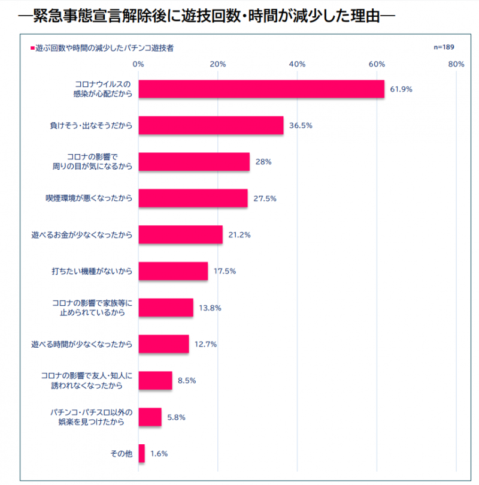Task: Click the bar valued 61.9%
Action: coord(261,89)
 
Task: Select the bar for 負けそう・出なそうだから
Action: coord(211,125)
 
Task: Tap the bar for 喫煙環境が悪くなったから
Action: coord(193,198)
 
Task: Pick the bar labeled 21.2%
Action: coord(180,234)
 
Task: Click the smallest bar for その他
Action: coord(141,453)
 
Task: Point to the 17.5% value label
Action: coord(225,271)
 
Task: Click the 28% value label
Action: coord(264,162)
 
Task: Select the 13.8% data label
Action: coord(210,308)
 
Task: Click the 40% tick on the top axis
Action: coord(298,64)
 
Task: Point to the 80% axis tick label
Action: coord(456,64)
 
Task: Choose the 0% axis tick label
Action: coord(138,64)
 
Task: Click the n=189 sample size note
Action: coord(444,47)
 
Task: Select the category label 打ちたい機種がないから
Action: coord(92,271)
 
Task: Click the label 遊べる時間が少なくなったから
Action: coord(81,344)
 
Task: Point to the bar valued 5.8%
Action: coord(150,417)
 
